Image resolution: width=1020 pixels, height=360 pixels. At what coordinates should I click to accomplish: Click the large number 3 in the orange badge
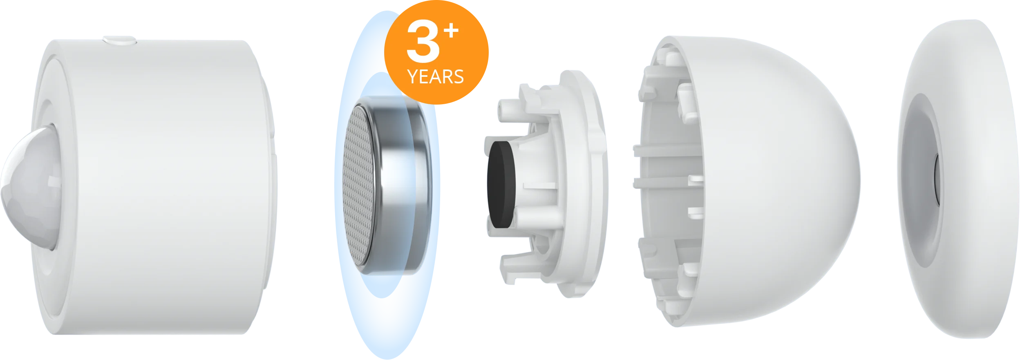coord(423,41)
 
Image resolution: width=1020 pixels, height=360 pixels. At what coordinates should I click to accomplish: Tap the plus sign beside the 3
coord(452,31)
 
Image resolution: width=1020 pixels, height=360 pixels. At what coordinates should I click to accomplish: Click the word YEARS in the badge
coord(436,77)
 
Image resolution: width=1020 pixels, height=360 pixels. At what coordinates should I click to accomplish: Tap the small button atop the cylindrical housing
coord(119,40)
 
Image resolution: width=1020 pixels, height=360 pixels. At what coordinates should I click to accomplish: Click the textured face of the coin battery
coord(359,186)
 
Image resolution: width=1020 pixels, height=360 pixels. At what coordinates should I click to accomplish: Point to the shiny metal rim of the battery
coord(403,186)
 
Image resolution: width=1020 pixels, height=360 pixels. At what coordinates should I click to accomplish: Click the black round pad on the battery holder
coord(501,184)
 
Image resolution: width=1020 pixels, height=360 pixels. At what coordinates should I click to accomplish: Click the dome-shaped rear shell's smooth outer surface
coord(776,180)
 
